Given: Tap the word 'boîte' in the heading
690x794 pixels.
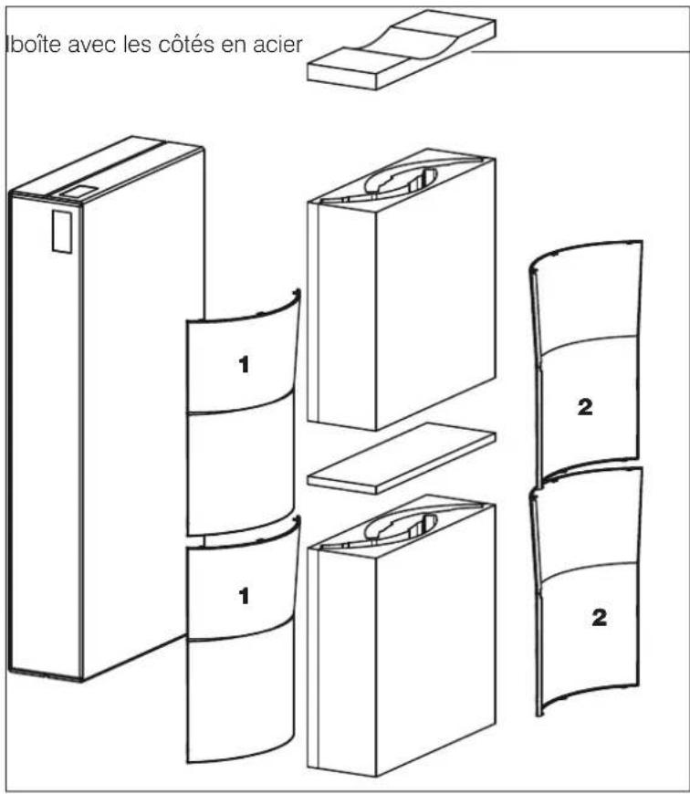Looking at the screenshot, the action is click(33, 44).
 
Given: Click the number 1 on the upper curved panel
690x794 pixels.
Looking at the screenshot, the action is click(244, 364).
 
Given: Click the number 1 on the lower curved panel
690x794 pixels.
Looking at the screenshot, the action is click(244, 596).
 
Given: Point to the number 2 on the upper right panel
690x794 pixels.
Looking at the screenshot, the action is click(585, 407).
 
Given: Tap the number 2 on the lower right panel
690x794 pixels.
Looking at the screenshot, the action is click(600, 617).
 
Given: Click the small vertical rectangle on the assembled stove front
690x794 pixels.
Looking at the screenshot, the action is click(62, 232).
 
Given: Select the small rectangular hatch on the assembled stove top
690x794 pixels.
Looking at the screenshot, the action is click(76, 191).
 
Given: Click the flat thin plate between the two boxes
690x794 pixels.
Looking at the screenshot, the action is click(402, 458).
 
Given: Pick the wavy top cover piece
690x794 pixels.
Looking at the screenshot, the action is click(402, 49).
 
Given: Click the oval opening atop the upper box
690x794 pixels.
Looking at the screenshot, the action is click(401, 181).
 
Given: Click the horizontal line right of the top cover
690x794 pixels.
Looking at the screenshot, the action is click(580, 51).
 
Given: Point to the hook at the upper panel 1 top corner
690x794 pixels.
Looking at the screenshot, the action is click(297, 294).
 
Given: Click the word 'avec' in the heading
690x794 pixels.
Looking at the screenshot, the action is click(91, 44).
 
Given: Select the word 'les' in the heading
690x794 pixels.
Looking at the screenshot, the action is click(138, 44).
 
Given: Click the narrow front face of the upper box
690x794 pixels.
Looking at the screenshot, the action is click(343, 317).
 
